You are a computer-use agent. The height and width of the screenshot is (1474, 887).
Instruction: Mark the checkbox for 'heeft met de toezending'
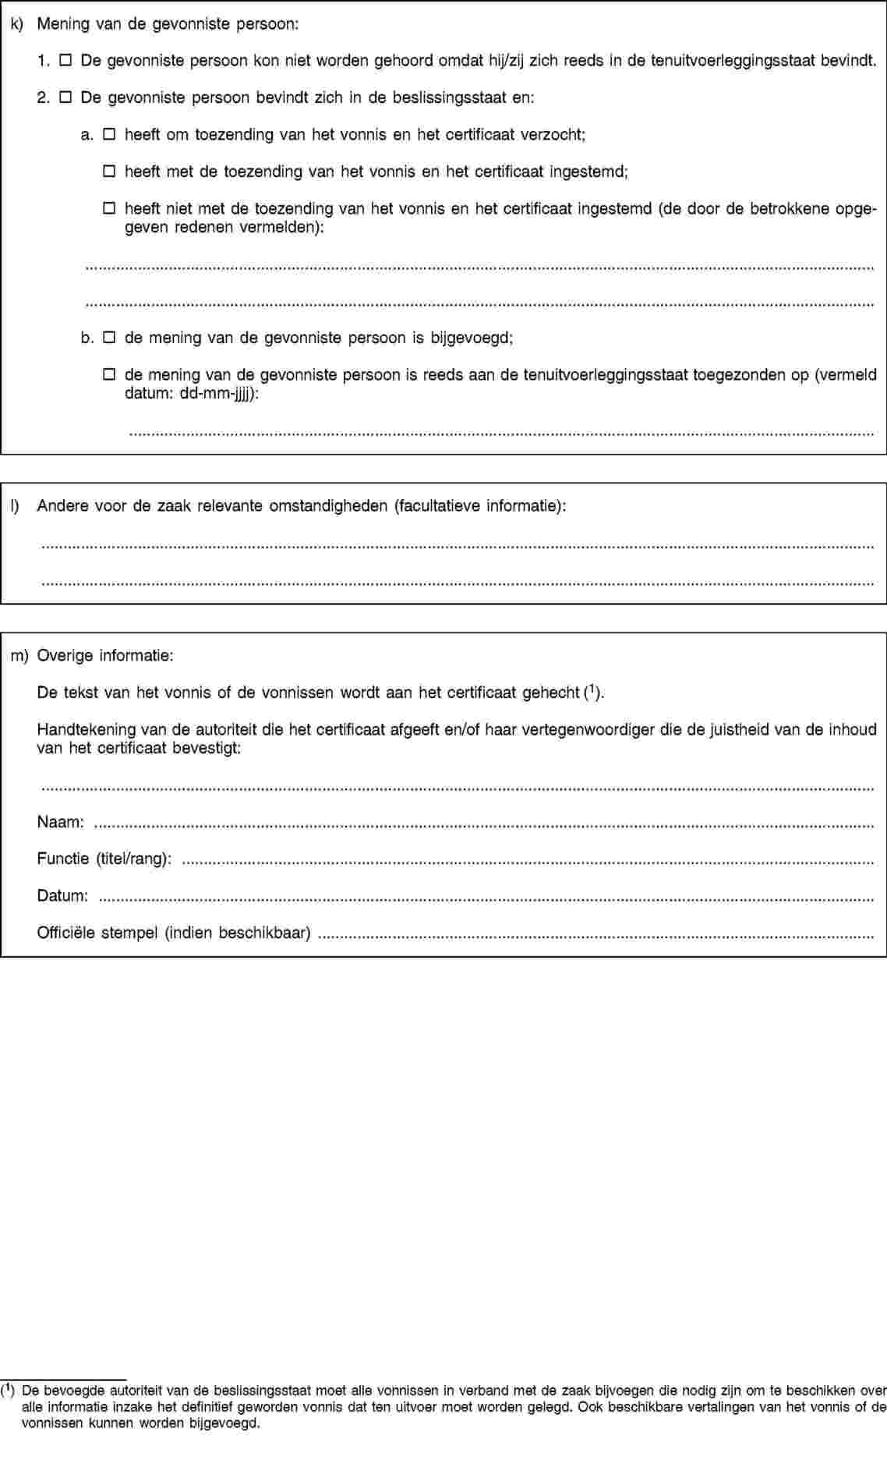tap(109, 172)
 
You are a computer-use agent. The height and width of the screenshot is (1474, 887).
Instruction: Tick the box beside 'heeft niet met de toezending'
tap(109, 208)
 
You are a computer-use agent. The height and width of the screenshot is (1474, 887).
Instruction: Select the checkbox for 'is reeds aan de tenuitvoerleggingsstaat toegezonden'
tap(109, 375)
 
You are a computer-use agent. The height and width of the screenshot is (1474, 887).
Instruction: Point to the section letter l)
tap(16, 506)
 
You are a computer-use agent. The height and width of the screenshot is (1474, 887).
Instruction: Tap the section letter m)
tap(19, 656)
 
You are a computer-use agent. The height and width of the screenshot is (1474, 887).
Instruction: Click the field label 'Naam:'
tap(61, 822)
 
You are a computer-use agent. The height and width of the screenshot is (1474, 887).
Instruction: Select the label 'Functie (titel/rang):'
tap(104, 859)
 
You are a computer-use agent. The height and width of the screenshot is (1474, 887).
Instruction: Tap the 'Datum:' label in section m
tap(62, 895)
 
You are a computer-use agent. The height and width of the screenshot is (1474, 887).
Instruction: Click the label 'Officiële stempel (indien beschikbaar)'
tap(174, 932)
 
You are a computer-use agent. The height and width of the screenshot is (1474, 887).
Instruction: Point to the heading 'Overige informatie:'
tap(105, 656)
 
